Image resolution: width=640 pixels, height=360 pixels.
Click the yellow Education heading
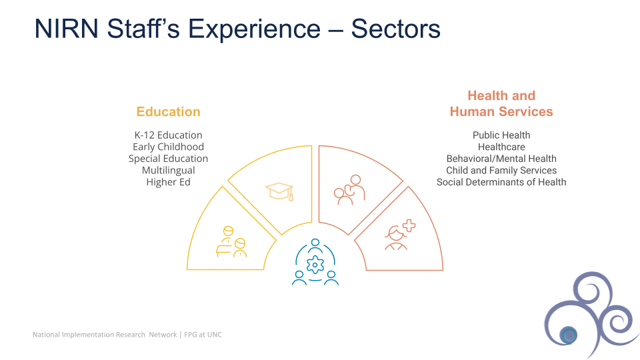168,112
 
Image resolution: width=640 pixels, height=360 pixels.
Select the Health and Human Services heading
501,104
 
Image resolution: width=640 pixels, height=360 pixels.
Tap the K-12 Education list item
168,135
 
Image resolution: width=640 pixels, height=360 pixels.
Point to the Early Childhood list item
168,147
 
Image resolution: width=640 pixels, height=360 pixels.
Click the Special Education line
168,159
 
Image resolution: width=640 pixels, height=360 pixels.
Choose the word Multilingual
168,171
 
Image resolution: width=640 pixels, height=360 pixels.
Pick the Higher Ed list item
168,182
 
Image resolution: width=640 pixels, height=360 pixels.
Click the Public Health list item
501,135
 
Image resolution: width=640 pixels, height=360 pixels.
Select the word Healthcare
501,147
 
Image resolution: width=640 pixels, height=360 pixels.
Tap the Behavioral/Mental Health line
501,159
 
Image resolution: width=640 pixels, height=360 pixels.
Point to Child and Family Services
501,171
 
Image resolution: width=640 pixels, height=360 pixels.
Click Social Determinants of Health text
501,182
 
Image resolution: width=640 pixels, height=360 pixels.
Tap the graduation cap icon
279,191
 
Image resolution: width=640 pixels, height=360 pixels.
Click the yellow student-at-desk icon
231,242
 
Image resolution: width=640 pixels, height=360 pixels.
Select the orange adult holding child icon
349,190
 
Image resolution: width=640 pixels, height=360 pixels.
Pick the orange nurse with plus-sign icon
399,235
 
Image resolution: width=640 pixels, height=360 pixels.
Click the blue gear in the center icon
315,265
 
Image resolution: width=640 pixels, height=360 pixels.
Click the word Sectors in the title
395,29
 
